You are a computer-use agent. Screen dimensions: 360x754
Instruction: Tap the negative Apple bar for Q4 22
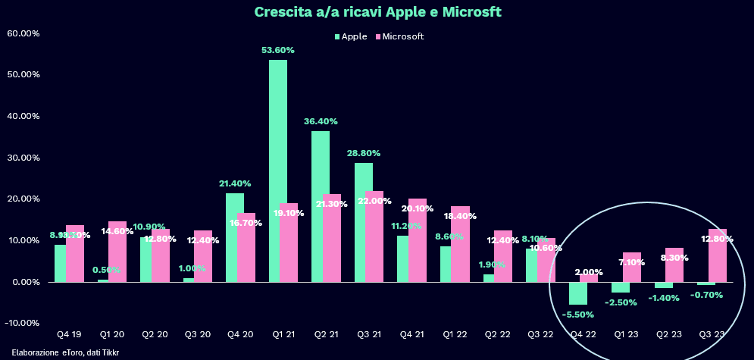point(578,293)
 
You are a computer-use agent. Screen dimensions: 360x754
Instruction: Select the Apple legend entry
point(351,36)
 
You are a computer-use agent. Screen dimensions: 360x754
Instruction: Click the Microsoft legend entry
point(399,36)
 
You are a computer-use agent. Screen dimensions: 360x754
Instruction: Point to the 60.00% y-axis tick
point(23,33)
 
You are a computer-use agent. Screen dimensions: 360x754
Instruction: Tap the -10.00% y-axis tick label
point(23,323)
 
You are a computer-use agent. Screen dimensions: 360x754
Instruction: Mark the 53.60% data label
point(277,50)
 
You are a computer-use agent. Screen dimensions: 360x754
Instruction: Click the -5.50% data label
point(577,314)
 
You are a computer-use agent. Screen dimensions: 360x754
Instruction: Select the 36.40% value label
point(321,121)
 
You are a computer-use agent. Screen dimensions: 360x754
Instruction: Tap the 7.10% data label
point(632,262)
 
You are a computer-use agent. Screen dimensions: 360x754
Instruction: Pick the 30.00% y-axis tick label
point(23,158)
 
